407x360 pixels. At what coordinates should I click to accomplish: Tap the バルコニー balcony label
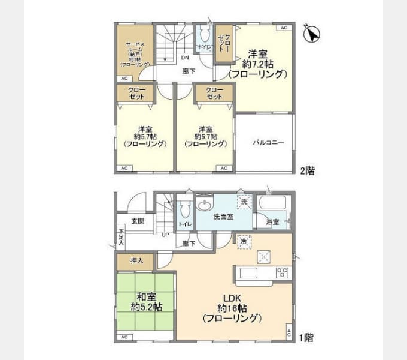[x=268, y=143]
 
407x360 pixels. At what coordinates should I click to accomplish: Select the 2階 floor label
[x=307, y=170]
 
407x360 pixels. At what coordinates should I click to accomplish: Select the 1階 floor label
[x=307, y=338]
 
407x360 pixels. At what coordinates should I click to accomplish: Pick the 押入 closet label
[x=136, y=261]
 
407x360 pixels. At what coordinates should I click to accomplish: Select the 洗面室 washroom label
[x=223, y=217]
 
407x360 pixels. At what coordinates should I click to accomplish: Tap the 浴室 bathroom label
[x=273, y=222]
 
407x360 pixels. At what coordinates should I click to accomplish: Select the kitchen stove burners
[x=281, y=273]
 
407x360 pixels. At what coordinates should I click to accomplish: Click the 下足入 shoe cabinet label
[x=120, y=236]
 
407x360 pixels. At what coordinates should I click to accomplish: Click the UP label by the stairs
[x=165, y=234]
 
